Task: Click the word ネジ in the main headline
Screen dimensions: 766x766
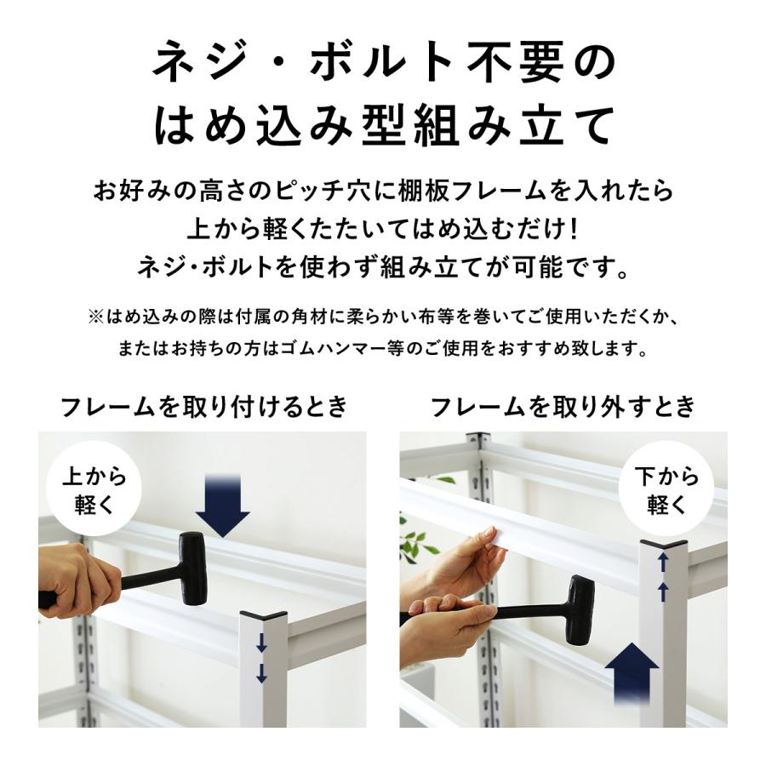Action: tap(189, 64)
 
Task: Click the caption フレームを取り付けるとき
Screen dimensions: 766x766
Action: tap(204, 407)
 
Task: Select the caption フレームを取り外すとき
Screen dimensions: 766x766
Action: tap(563, 407)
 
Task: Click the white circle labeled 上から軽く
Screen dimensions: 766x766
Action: tap(94, 490)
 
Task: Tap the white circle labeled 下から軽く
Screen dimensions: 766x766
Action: tap(666, 490)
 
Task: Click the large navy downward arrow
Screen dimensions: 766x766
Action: tap(222, 507)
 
